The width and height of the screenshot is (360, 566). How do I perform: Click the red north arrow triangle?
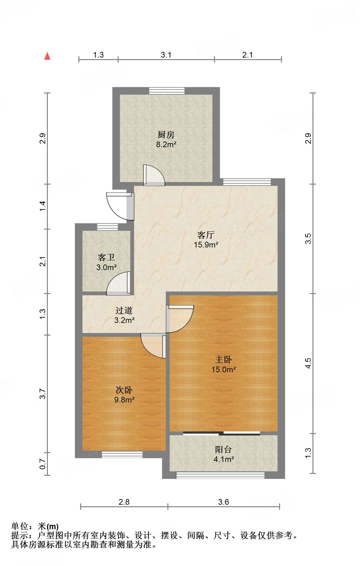click(48, 56)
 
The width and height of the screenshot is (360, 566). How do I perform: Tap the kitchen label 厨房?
click(166, 135)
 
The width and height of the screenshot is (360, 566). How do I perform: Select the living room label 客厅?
click(206, 235)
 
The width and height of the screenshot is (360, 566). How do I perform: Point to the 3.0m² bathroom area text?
click(106, 268)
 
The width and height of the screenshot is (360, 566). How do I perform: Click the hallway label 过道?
click(124, 311)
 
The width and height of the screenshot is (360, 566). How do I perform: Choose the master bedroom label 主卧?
click(223, 359)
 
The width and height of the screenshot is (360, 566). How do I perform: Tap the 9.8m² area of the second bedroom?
click(124, 400)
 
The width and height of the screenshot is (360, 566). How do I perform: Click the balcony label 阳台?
click(223, 450)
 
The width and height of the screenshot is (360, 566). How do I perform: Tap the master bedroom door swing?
click(180, 318)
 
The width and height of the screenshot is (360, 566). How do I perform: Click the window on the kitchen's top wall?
click(167, 91)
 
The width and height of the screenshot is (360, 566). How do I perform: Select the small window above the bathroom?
click(107, 227)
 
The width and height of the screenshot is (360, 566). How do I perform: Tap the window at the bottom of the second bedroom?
click(122, 454)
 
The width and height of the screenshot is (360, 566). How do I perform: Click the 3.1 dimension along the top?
click(166, 55)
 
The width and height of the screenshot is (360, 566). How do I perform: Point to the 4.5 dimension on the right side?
click(308, 363)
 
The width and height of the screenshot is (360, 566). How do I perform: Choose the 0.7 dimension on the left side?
click(43, 464)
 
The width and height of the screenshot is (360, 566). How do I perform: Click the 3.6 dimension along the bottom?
click(223, 502)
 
